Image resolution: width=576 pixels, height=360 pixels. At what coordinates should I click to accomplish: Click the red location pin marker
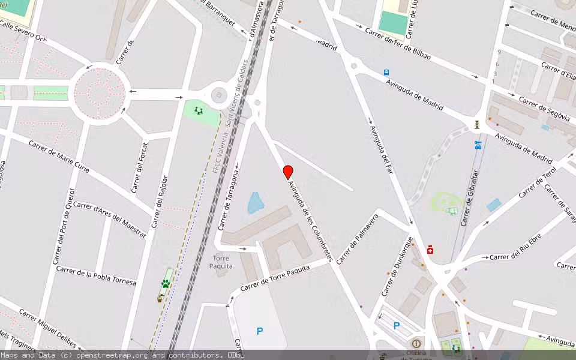pos(288,172)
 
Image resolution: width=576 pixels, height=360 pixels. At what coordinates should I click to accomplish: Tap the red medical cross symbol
pos(430,250)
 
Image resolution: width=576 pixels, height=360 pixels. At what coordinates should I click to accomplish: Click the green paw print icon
pos(165,283)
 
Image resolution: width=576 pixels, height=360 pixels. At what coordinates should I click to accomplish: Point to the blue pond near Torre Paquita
pos(255,203)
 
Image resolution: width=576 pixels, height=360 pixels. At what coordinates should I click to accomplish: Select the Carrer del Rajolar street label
pos(160,202)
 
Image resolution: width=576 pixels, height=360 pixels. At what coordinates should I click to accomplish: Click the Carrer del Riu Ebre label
pos(517,257)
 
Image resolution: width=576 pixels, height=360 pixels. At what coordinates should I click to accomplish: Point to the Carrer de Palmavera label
pos(358,239)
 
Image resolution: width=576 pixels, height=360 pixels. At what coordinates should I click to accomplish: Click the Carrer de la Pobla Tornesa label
pos(96,275)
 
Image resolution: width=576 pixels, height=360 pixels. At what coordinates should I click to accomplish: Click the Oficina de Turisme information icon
pos(416,343)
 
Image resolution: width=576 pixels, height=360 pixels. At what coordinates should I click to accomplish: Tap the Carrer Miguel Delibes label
pos(47,328)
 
